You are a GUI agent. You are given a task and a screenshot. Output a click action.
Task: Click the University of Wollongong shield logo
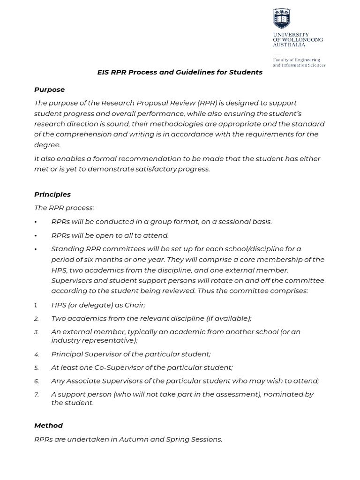tap(282, 18)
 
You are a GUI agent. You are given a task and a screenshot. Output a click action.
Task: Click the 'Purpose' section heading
tap(49, 90)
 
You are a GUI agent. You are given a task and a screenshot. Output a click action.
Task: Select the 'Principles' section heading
tap(52, 194)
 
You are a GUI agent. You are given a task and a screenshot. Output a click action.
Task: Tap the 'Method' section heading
tap(48, 425)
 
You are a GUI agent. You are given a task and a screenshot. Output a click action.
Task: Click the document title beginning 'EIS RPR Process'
tap(180, 72)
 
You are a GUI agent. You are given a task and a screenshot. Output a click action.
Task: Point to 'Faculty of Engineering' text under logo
tap(297, 60)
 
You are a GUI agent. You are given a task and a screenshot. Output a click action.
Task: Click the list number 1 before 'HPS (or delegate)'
tap(36, 305)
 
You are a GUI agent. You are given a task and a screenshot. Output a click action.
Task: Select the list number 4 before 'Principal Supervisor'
tap(37, 354)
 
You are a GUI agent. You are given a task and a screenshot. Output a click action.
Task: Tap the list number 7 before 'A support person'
tap(37, 395)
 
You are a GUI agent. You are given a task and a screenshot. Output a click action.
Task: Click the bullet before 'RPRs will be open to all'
tap(36, 235)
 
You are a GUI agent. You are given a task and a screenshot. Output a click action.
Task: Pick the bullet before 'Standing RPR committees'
tap(36, 249)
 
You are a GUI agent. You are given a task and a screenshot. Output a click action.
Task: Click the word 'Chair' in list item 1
tap(135, 305)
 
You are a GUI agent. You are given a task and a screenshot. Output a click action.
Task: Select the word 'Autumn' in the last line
tap(134, 439)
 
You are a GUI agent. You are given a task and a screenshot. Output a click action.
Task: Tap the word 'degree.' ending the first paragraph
tap(47, 145)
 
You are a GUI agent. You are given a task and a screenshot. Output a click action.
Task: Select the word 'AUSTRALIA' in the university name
tap(289, 45)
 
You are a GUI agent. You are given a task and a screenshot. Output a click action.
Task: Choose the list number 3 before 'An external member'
tap(37, 332)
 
